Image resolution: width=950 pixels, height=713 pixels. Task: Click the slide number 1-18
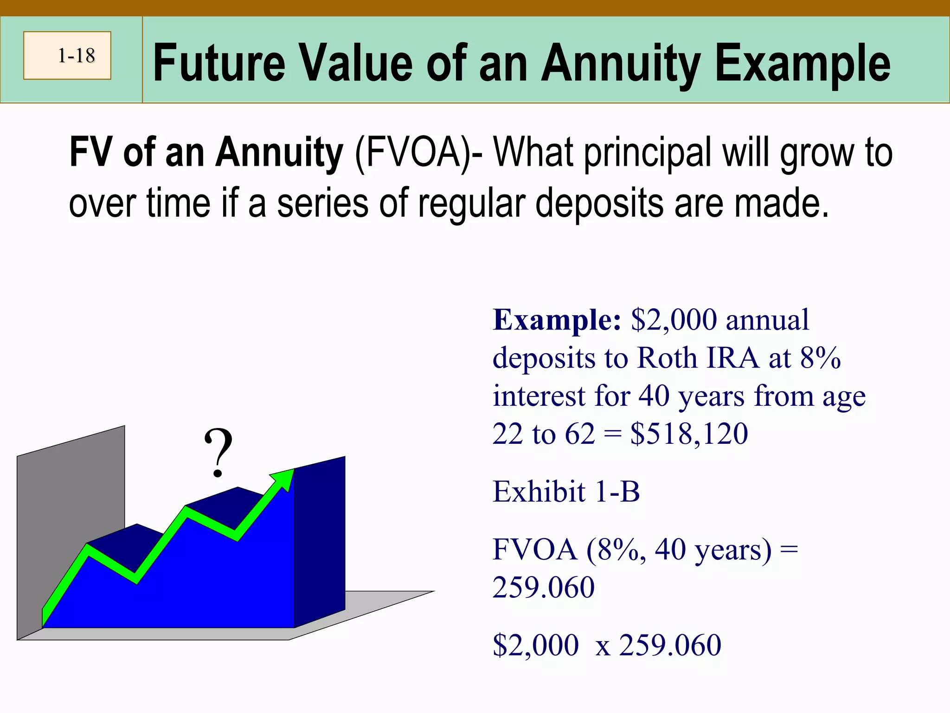76,56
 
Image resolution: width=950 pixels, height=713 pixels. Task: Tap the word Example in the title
802,64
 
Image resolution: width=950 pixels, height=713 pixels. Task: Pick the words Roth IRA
698,358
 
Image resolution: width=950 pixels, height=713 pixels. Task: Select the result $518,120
689,434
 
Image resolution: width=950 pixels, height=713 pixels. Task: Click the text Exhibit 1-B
566,492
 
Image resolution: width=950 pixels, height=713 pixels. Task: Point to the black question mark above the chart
218,453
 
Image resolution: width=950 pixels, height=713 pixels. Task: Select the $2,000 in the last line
536,645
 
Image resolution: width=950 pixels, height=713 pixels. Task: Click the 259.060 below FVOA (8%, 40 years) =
544,588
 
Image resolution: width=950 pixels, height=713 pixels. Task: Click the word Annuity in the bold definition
279,153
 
